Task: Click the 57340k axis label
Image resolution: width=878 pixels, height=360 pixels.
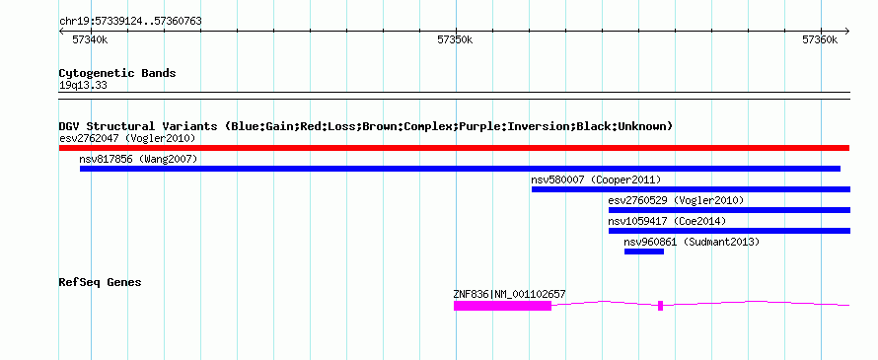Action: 90,39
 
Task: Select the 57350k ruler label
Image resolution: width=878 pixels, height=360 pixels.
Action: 455,39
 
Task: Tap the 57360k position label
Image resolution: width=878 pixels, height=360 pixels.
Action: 820,39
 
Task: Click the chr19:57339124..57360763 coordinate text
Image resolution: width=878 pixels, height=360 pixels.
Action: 130,22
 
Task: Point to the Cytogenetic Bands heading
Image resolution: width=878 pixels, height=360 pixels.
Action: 117,73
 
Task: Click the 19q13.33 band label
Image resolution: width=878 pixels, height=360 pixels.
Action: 83,86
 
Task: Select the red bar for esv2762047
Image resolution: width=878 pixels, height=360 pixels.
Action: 454,148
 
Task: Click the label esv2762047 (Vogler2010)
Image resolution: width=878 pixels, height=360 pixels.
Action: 127,138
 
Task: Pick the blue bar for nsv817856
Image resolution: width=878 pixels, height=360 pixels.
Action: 460,169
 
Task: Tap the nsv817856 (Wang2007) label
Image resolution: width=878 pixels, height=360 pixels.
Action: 138,159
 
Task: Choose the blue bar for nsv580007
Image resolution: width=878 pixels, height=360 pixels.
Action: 691,189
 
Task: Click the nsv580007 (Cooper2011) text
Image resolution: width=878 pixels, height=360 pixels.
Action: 596,180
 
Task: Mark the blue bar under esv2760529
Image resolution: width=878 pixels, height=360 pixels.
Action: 729,210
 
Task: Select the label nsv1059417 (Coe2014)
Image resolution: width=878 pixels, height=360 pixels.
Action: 667,221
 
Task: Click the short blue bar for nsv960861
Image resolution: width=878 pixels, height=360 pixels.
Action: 644,252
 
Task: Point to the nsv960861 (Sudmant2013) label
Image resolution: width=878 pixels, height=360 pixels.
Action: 692,242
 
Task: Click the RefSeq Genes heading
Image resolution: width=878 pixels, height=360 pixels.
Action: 100,282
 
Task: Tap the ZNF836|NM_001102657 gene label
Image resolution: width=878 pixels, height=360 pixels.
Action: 510,294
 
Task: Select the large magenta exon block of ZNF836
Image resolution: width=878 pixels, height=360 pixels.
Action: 502,306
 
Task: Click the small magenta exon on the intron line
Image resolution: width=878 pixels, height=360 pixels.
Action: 660,306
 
